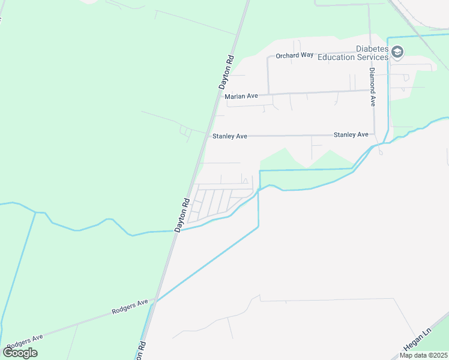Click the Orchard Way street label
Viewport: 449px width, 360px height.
[295, 55]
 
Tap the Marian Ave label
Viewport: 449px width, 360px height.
[241, 96]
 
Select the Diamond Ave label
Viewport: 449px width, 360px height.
[372, 86]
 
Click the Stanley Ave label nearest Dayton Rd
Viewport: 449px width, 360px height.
[230, 137]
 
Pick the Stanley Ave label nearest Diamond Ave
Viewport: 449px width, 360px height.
[351, 135]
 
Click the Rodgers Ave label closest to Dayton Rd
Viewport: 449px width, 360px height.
[130, 308]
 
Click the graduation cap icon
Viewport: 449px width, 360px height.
[397, 53]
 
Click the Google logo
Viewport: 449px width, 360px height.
[20, 353]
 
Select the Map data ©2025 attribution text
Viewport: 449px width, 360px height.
[424, 355]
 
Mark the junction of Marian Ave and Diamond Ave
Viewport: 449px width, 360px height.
[370, 91]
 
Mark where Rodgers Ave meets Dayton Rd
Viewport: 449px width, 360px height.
[155, 299]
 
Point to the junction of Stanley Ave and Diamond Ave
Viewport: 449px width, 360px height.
[374, 134]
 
